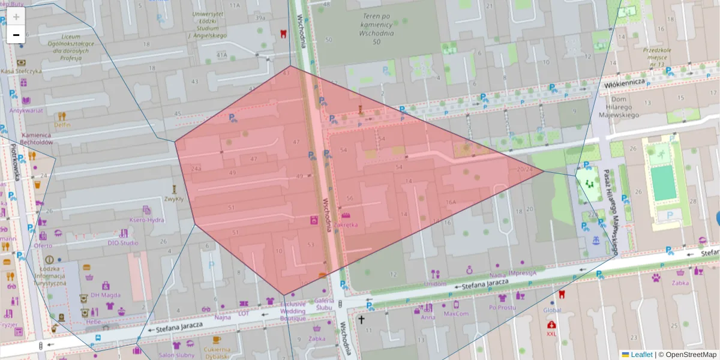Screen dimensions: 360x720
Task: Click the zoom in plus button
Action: (16, 16)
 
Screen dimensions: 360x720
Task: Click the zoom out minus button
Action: (16, 35)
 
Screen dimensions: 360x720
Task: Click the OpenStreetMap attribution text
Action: (691, 355)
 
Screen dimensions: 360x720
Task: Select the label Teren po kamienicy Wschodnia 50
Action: (377, 28)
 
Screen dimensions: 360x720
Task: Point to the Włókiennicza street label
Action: (625, 82)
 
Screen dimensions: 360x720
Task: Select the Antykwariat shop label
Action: (26, 110)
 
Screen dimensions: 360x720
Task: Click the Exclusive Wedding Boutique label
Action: (293, 311)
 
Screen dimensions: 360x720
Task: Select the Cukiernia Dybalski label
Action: (217, 353)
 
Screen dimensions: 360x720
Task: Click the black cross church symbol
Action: (361, 320)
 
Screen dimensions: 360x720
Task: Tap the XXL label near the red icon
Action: (551, 334)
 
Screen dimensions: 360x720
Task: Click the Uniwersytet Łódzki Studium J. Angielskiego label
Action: (207, 24)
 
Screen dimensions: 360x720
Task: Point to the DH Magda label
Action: (105, 295)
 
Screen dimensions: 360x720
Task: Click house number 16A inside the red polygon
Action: (451, 202)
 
